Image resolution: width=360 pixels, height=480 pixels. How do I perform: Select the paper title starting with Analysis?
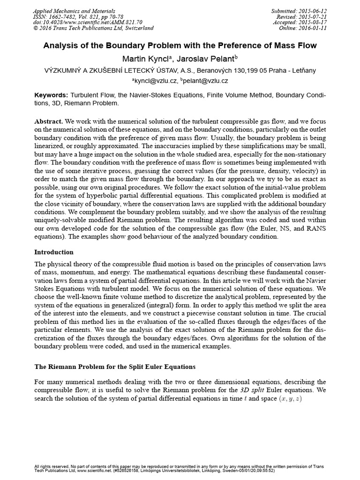point(180,45)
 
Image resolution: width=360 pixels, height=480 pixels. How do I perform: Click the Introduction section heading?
point(54,252)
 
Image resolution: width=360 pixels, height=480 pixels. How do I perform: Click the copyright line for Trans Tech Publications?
point(94,28)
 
